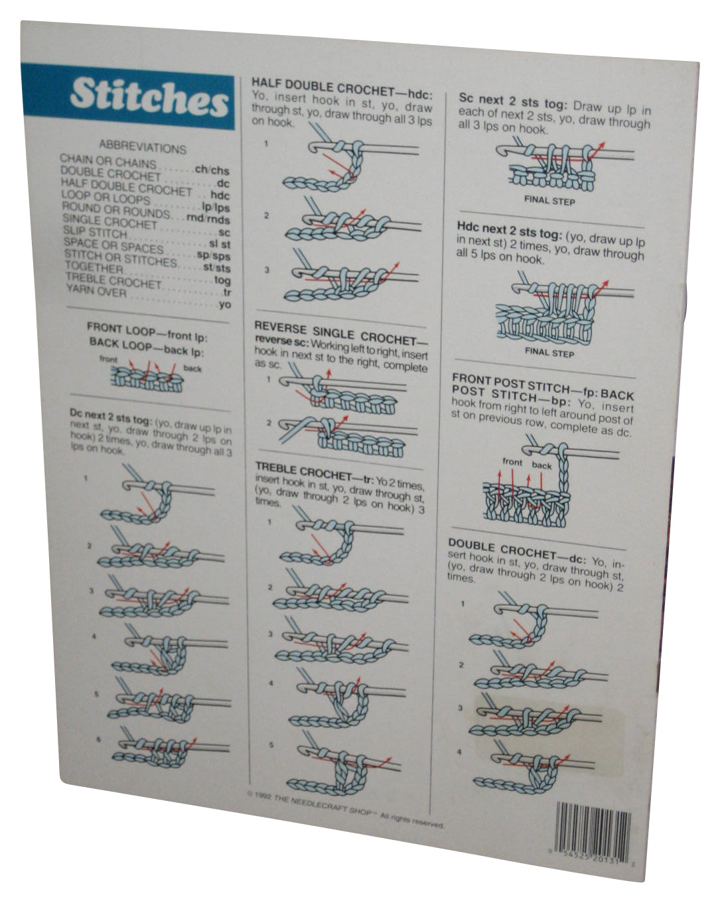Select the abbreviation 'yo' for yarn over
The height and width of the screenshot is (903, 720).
pyautogui.click(x=225, y=304)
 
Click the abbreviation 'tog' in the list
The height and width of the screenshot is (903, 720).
pyautogui.click(x=223, y=280)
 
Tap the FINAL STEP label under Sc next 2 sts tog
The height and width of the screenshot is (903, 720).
pyautogui.click(x=549, y=200)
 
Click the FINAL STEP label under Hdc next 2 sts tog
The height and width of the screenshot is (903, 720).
pyautogui.click(x=549, y=352)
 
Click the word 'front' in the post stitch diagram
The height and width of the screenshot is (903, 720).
pyautogui.click(x=512, y=461)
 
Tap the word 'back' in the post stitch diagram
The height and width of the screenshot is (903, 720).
pyautogui.click(x=541, y=465)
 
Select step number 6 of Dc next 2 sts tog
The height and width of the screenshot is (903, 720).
pyautogui.click(x=99, y=738)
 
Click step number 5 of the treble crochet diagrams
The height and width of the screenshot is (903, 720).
pyautogui.click(x=271, y=745)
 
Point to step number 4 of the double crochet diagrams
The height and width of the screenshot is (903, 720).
pyautogui.click(x=459, y=752)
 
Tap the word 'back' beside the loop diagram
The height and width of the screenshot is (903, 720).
pyautogui.click(x=192, y=368)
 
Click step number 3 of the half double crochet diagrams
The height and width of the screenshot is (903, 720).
pyautogui.click(x=266, y=270)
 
